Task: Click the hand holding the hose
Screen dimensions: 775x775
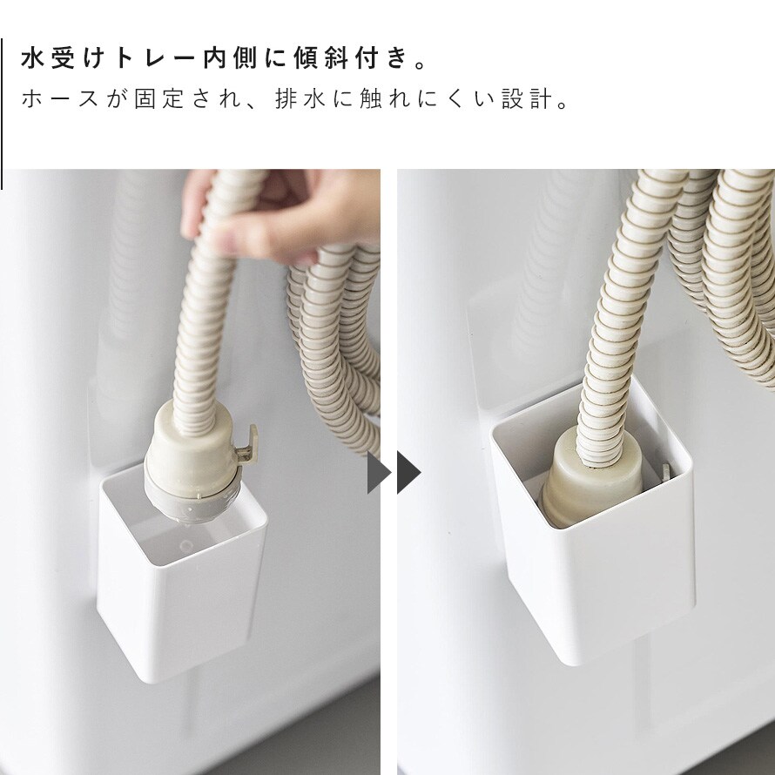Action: pos(277,212)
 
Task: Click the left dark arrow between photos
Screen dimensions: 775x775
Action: pos(379,473)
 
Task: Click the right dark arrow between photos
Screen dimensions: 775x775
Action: pos(408,473)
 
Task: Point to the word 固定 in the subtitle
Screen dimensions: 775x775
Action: pos(159,99)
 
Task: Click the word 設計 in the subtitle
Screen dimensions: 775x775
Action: pos(528,99)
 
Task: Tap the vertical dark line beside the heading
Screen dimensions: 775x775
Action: pos(2,114)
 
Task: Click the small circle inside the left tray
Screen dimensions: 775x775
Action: pos(187,546)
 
